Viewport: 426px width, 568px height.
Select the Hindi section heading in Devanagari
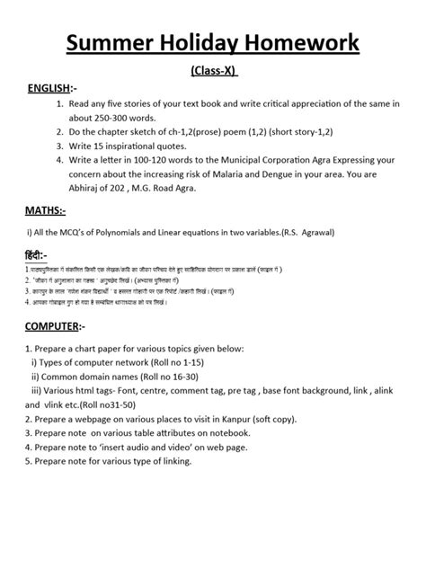tap(34, 256)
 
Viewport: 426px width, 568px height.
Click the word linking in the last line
tap(171, 462)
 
